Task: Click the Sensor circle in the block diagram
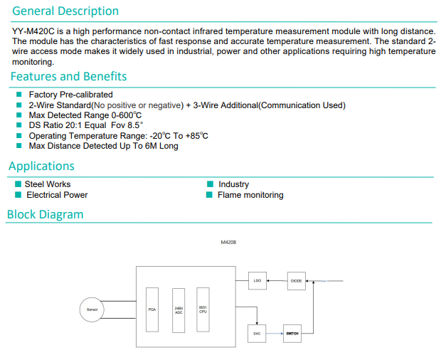tap(92, 309)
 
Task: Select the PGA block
tap(152, 309)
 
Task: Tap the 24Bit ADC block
tap(179, 309)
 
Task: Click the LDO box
tap(257, 281)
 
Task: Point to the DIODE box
tap(297, 281)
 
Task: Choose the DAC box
tap(257, 333)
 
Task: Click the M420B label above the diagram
tap(228, 243)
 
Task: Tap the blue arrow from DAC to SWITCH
tap(275, 333)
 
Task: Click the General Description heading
tap(65, 11)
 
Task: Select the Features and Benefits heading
tap(68, 76)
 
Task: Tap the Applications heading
tap(41, 166)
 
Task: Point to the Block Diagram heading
tap(45, 214)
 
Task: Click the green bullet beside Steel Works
tap(18, 184)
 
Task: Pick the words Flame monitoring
tap(250, 195)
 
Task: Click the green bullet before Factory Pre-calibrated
tap(18, 95)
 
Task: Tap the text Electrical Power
tap(57, 195)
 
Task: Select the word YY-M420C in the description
tap(34, 31)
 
